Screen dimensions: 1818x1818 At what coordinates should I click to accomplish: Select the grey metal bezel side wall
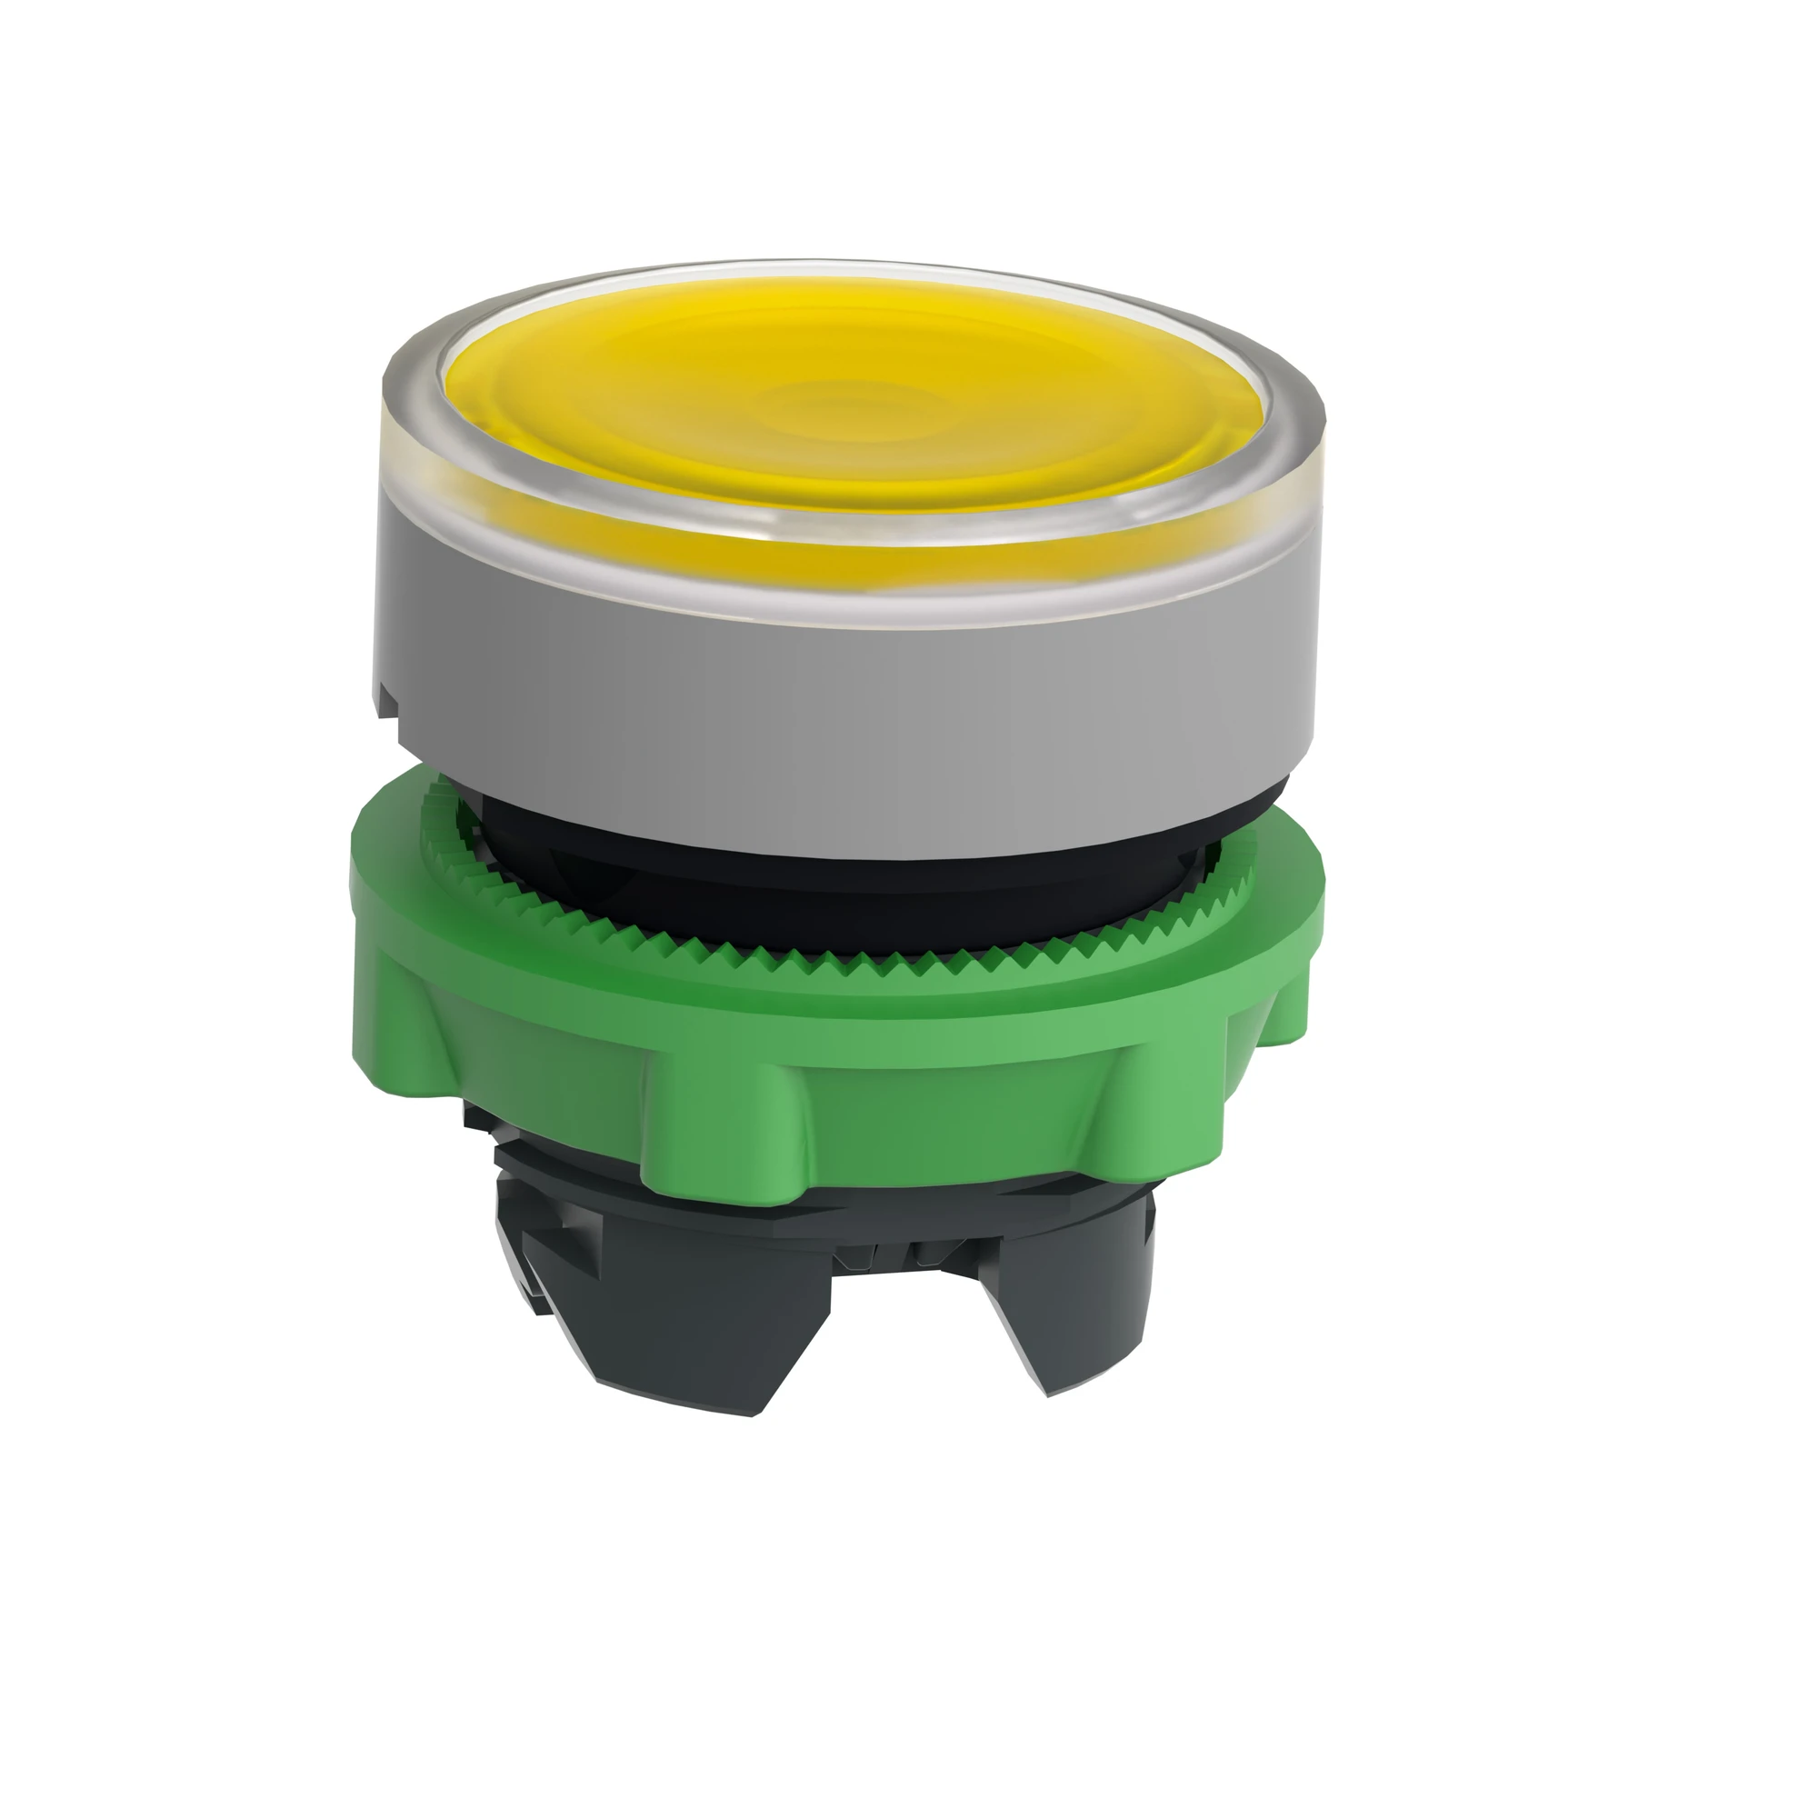point(847,715)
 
